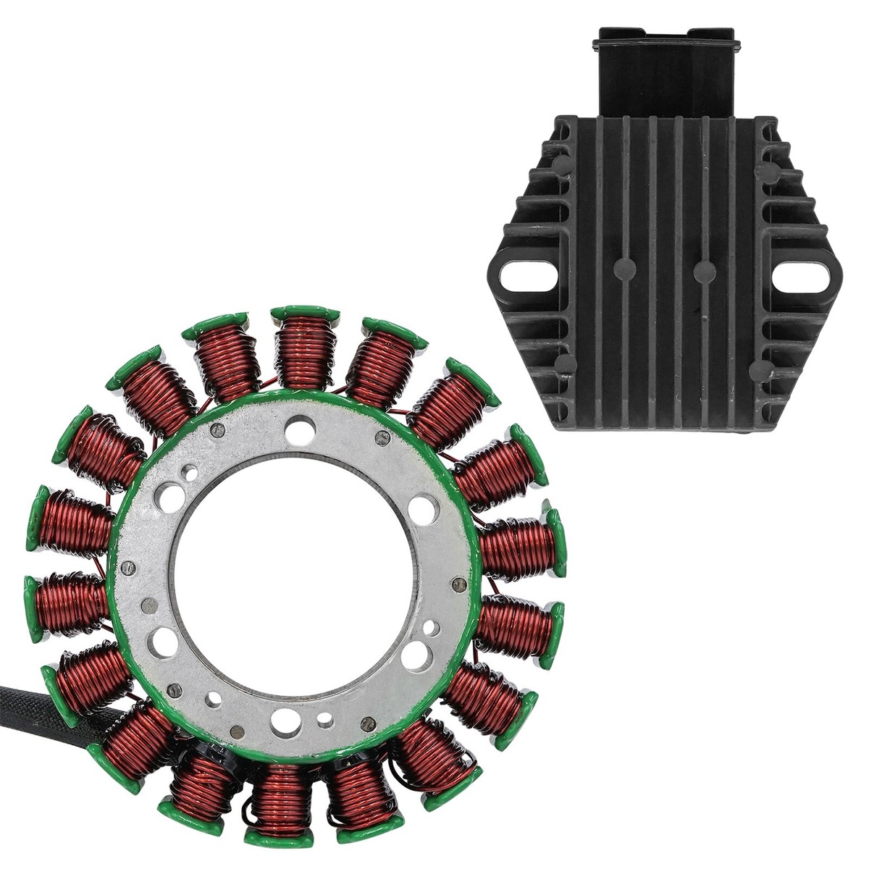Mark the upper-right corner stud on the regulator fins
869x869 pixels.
(763, 171)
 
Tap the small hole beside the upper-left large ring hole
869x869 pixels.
(190, 474)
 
